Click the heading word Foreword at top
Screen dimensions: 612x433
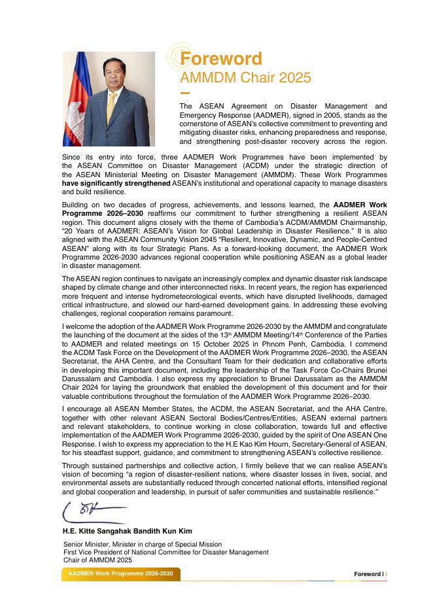click(220, 59)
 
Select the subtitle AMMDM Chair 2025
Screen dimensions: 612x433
click(245, 78)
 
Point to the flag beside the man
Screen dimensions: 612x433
click(77, 98)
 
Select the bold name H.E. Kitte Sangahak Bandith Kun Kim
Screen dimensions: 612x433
click(127, 531)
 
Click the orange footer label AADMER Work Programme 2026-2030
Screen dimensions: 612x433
click(120, 573)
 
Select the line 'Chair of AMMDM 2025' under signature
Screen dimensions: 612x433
click(97, 560)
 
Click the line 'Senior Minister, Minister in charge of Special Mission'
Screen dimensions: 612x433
click(142, 544)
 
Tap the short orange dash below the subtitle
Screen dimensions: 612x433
click(184, 93)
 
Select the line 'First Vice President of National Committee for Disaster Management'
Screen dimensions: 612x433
click(165, 552)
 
